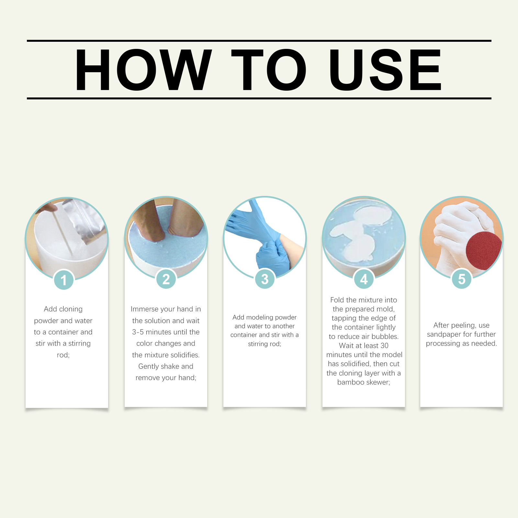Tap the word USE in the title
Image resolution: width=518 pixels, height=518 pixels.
385,70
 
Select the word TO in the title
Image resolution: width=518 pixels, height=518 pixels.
269,70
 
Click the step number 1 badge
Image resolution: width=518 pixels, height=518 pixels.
64,280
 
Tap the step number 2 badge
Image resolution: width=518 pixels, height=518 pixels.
166,279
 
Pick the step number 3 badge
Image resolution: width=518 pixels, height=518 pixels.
265,279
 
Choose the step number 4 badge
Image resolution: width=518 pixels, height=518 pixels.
364,279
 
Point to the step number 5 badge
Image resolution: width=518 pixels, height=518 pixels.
462,279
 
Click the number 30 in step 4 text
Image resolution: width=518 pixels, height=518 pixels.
384,345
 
